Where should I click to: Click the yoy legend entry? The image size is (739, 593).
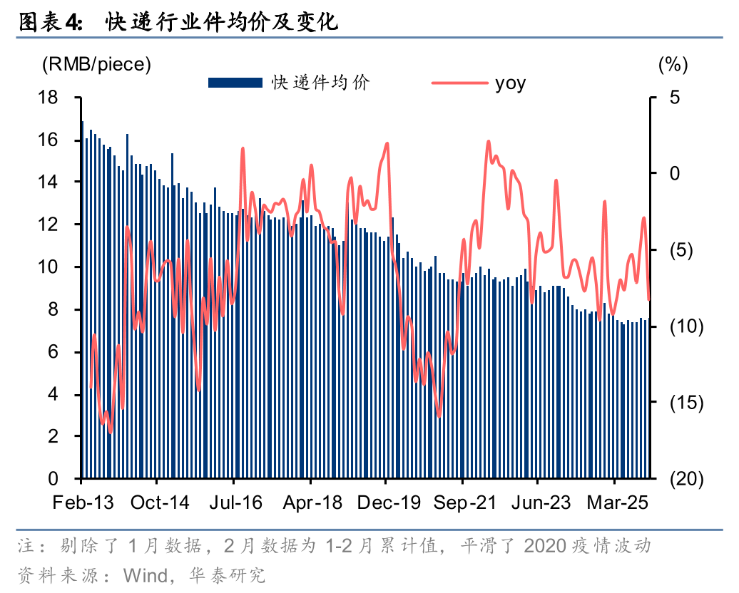tap(510, 83)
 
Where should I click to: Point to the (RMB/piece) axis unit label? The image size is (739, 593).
tap(97, 64)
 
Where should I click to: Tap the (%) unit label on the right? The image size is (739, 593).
tap(673, 64)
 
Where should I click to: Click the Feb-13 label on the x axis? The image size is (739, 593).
tap(83, 502)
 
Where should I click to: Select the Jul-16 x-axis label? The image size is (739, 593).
tap(235, 502)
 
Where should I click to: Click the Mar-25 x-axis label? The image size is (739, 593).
tap(618, 502)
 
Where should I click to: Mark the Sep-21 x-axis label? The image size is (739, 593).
tap(464, 502)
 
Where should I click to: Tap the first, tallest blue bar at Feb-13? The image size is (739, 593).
tap(83, 299)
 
